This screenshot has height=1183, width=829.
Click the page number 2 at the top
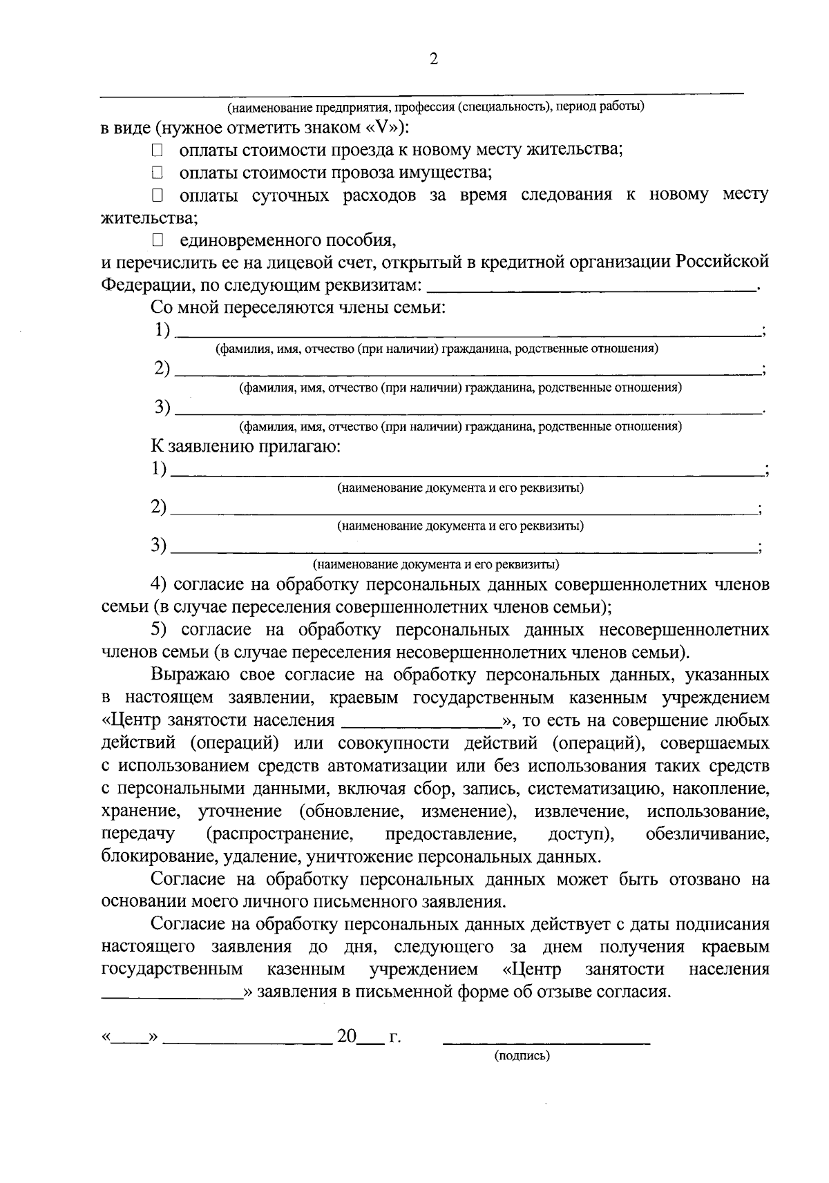[x=434, y=59]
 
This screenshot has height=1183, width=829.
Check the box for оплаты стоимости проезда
[x=158, y=150]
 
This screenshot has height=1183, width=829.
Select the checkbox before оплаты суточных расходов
[x=158, y=195]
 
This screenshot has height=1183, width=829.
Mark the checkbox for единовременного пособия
[x=158, y=240]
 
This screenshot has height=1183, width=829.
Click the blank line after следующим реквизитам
[x=592, y=289]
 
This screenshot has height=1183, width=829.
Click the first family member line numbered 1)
[x=467, y=333]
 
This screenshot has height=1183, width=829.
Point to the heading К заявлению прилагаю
[x=246, y=446]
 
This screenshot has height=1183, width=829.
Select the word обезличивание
[x=707, y=834]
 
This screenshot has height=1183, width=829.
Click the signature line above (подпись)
[x=546, y=1038]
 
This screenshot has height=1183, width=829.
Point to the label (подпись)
[x=522, y=1056]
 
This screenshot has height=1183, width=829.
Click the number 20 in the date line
[x=346, y=1037]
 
